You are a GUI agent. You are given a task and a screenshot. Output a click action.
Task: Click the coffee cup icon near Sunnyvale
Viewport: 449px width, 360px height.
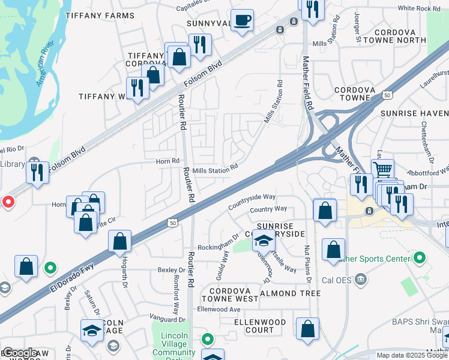pos(243,20)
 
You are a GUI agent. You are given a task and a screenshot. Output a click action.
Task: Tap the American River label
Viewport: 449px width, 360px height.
pos(45,64)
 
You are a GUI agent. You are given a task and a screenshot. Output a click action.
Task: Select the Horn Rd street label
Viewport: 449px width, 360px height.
pos(167,161)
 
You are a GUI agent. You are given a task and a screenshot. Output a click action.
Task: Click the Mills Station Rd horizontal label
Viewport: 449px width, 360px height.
pos(215,170)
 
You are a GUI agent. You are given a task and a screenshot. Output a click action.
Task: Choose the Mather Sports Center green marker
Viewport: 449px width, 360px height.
pos(420,259)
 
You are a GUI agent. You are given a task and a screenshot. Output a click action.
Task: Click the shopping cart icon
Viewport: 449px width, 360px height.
pos(382,170)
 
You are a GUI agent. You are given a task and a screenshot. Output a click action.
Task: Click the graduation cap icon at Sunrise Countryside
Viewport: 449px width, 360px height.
pos(263,241)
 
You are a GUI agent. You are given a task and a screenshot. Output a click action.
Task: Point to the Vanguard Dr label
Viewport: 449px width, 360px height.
pos(169,320)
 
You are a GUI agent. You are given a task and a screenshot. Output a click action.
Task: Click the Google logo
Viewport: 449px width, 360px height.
pos(20,353)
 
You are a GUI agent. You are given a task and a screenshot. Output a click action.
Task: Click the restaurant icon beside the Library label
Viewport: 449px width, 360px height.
pos(37,172)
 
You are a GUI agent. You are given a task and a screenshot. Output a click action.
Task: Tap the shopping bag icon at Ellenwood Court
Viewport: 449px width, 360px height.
pos(307,329)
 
